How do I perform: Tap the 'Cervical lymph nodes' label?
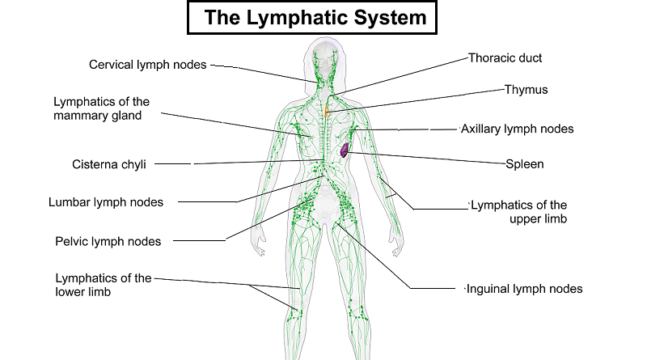pos(148,64)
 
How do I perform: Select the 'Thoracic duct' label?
pos(505,58)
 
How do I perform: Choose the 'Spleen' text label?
pos(525,163)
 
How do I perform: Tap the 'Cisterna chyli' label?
pos(109,164)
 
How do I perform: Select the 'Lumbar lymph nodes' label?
pos(106,202)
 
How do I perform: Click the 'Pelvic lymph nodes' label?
pos(108,241)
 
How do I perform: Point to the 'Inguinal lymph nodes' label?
pos(526,289)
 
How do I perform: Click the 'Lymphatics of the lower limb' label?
pos(103,285)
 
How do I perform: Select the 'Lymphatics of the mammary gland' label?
pos(101,108)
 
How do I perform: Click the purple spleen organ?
pos(345,149)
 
